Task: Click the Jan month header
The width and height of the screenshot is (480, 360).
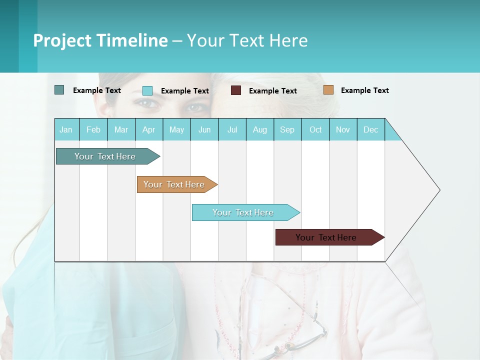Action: point(66,129)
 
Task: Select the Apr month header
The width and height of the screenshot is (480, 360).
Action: point(148,129)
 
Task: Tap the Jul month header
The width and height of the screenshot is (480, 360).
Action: point(232,129)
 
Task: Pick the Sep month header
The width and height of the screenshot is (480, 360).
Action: point(287,129)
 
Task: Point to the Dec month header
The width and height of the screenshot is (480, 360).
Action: point(370,129)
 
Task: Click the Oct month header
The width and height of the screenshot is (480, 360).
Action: point(315,129)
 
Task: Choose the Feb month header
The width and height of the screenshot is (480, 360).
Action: point(93,129)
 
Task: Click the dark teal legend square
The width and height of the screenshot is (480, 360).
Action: point(59,90)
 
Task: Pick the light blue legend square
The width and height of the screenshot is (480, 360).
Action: point(147,90)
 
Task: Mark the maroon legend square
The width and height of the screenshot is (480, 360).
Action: point(236,90)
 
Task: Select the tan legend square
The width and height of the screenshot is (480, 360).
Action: point(328,90)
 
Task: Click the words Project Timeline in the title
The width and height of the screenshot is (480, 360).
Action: point(100,40)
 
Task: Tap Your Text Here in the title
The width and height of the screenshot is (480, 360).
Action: point(247,40)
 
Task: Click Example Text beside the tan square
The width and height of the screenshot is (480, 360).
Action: point(364,90)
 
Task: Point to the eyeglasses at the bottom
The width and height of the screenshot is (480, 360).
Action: point(300,335)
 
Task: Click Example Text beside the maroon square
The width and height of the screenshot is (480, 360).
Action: point(272,91)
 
